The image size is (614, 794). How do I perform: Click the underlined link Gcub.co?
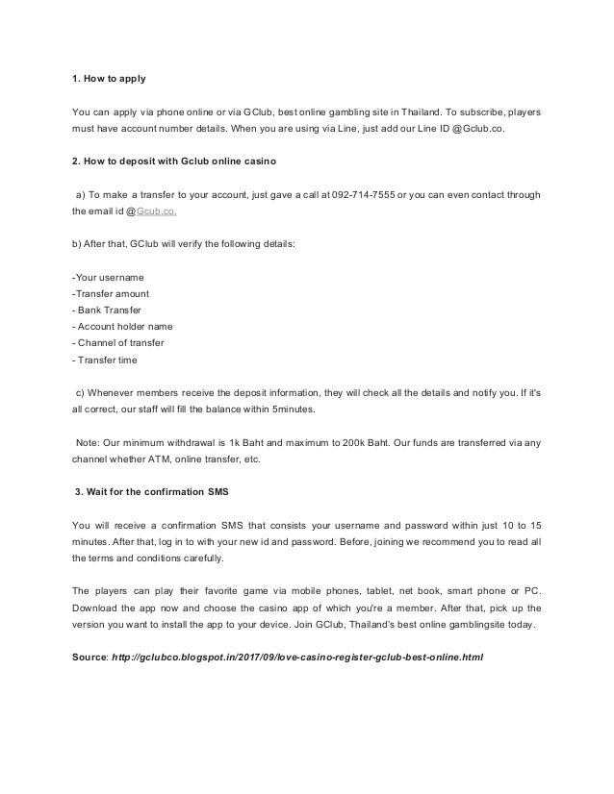tap(157, 213)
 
